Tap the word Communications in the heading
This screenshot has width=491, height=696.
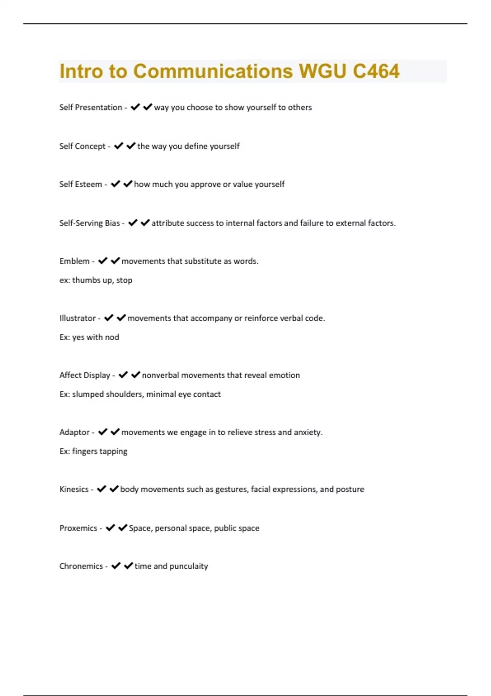[213, 71]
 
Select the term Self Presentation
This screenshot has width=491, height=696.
[90, 107]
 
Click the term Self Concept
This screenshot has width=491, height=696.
[82, 146]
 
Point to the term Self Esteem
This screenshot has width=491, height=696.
[81, 184]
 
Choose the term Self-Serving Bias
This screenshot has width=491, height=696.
[90, 223]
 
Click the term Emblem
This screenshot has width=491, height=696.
[74, 261]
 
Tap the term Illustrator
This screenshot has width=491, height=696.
[77, 318]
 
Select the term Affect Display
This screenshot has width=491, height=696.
[85, 375]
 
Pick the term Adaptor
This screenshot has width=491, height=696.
[74, 432]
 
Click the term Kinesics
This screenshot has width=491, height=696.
[74, 489]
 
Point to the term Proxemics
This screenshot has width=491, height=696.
[78, 528]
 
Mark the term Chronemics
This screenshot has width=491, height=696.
[81, 566]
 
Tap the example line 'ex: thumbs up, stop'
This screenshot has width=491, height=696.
[96, 280]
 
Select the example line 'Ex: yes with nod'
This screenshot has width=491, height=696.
[89, 337]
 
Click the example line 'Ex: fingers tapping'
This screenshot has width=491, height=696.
[93, 451]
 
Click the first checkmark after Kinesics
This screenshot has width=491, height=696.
[101, 489]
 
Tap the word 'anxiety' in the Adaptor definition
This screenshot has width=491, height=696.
[308, 432]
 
